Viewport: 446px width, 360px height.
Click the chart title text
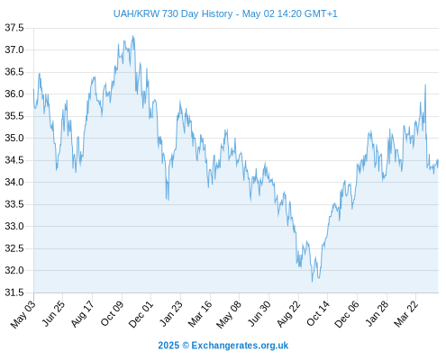point(225,13)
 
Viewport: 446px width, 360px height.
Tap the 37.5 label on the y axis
point(14,28)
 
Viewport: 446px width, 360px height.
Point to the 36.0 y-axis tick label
point(14,94)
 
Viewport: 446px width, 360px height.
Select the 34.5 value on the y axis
point(14,160)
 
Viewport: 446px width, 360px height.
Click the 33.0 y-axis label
point(14,226)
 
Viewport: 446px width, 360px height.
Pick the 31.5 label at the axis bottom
point(14,292)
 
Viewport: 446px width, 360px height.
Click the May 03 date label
point(23,314)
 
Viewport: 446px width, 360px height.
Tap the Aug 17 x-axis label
point(83,313)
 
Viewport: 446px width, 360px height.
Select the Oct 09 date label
point(112,313)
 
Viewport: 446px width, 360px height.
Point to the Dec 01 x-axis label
point(141,314)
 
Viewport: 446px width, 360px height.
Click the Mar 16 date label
point(200,313)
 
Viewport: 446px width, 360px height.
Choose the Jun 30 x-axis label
point(259,313)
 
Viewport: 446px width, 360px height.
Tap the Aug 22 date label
point(288,314)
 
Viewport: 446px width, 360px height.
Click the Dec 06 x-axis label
point(347,314)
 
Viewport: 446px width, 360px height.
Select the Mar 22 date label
point(406,313)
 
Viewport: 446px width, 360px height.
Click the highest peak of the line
point(132,36)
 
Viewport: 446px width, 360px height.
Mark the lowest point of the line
point(312,282)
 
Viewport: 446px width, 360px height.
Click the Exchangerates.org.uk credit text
point(240,346)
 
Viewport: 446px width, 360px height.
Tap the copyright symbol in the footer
point(186,346)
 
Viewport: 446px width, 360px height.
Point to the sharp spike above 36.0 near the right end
point(425,85)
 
